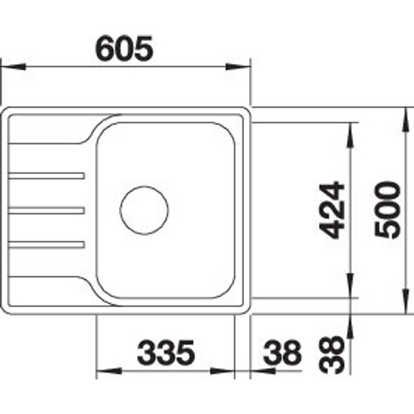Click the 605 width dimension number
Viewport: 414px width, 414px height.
pos(124,48)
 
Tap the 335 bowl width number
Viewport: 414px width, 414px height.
pos(166,352)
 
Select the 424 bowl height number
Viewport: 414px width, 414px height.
pos(332,210)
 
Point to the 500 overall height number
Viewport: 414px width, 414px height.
pos(388,210)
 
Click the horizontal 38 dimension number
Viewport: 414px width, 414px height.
pos(282,352)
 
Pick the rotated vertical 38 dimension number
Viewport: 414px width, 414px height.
pos(332,355)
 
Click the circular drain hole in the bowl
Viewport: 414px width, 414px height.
pos(145,211)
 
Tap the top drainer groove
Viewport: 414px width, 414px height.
pos(47,176)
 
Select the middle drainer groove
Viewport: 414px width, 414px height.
pos(47,211)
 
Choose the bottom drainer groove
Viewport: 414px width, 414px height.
pos(47,245)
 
